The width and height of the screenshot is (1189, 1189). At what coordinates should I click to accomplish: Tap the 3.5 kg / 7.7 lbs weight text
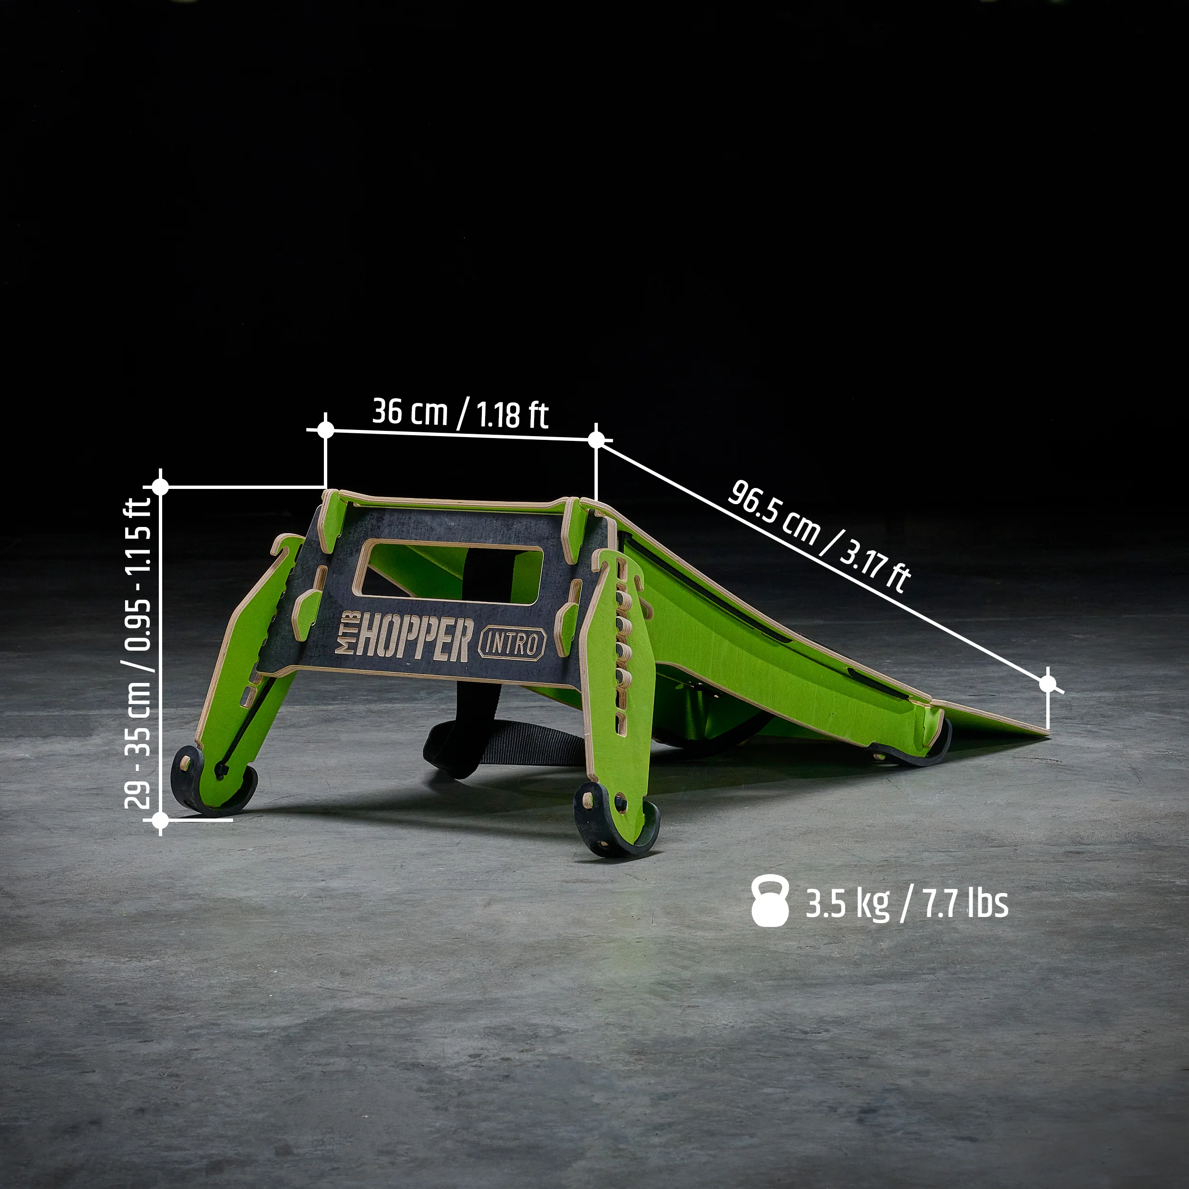pyautogui.click(x=906, y=904)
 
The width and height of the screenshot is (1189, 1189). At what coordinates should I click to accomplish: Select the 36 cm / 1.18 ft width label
pyautogui.click(x=460, y=412)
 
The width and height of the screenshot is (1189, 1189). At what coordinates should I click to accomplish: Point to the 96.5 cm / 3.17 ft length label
pyautogui.click(x=819, y=536)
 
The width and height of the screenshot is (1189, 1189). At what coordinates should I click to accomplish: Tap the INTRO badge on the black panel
pyautogui.click(x=512, y=643)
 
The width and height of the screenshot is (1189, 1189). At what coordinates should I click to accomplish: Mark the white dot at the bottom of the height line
pyautogui.click(x=160, y=820)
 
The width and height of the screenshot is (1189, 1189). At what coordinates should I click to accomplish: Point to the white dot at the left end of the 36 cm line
pyautogui.click(x=326, y=429)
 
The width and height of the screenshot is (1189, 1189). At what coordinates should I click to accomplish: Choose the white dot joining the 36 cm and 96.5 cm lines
pyautogui.click(x=596, y=439)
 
